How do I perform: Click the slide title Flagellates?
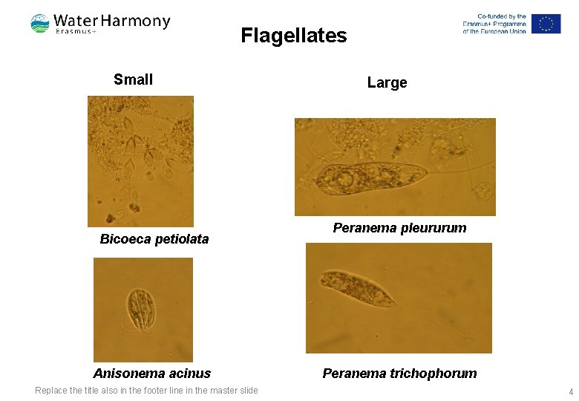coord(293,36)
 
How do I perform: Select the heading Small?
coord(134,79)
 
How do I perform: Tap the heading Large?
coord(387,82)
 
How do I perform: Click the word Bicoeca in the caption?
coord(124,239)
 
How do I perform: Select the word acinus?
coord(192,374)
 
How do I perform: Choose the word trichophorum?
coord(434,374)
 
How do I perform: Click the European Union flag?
coord(546,24)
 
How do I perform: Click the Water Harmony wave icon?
coord(40,24)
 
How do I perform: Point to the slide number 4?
coord(571,391)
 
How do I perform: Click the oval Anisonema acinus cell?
coord(140,309)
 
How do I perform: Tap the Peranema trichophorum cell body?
coord(356,288)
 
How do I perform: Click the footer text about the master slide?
coord(146,391)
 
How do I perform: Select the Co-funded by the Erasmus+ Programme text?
coord(494,24)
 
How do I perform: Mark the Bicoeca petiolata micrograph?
coord(140,160)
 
